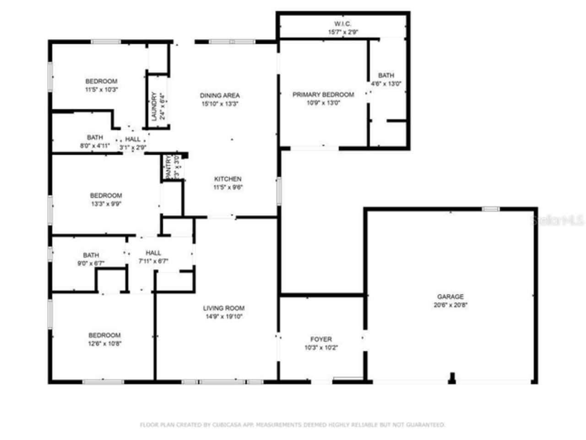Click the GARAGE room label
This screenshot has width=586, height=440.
tap(450, 297)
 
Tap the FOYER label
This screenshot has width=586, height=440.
tap(321, 339)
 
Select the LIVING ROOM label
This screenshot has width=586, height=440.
tap(224, 308)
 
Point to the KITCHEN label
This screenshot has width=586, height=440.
tap(228, 179)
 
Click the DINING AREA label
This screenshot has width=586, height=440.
tap(220, 95)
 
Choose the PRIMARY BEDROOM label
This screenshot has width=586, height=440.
tap(323, 94)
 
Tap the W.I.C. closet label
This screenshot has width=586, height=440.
tap(342, 24)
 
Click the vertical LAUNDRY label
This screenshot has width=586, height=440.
tap(154, 106)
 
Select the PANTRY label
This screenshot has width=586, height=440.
tap(168, 168)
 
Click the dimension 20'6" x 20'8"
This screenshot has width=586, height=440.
tap(450, 305)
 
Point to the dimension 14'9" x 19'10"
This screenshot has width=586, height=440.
tap(224, 317)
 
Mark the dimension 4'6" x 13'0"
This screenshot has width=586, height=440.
tap(386, 84)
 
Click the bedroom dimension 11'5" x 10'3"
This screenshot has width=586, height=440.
tap(102, 90)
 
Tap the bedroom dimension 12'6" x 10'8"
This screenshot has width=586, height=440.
tap(105, 344)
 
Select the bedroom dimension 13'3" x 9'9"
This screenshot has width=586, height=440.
tap(106, 204)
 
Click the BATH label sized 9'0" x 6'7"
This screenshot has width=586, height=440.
tap(91, 255)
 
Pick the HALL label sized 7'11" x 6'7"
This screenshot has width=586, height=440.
tap(153, 253)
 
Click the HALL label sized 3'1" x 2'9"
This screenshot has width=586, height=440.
tap(133, 139)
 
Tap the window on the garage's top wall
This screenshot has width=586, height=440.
tap(490, 209)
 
